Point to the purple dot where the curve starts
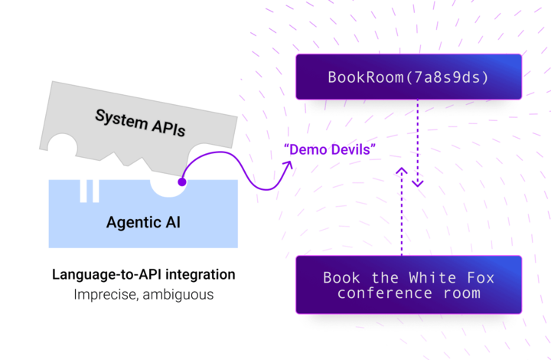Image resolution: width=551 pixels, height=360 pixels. pos(182,182)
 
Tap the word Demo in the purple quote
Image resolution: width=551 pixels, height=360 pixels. pos(304,149)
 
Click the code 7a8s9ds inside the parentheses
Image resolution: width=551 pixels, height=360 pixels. pos(448,77)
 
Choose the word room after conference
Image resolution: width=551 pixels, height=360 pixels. pos(452,293)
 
